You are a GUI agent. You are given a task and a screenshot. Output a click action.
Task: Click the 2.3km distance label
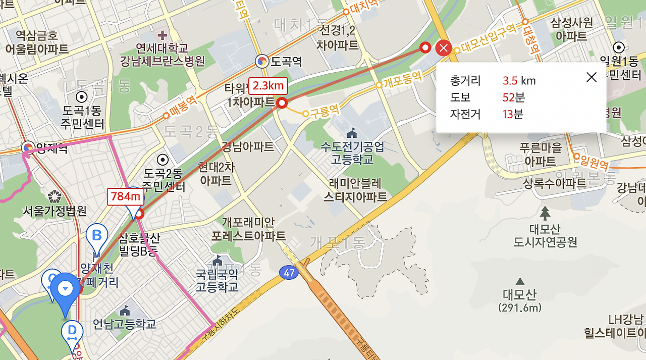tap(268, 85)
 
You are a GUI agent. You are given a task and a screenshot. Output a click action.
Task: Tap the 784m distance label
tap(125, 196)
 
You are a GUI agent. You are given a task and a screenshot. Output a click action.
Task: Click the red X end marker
tap(443, 48)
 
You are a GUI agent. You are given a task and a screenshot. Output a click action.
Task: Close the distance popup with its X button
tap(591, 77)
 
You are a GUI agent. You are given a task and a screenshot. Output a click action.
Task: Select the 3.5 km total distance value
tap(519, 81)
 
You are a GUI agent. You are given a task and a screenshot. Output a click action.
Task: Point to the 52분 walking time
tap(513, 97)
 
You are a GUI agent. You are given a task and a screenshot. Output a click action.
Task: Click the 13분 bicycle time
tap(513, 114)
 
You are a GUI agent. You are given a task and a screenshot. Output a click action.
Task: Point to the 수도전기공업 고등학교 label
tap(352, 152)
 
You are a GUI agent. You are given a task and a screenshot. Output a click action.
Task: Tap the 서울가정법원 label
tap(55, 211)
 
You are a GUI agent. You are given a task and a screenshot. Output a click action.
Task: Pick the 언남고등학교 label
tap(125, 324)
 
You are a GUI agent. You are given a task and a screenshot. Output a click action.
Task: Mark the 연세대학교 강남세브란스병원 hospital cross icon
tap(162, 35)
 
